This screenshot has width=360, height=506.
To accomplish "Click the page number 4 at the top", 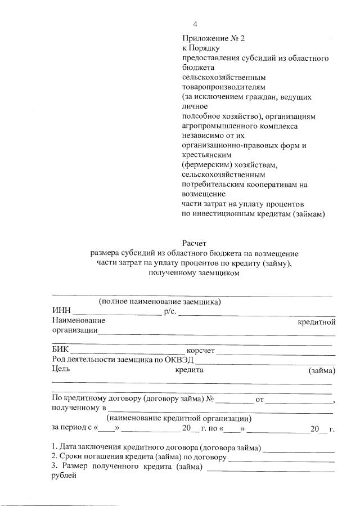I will click(x=195, y=24).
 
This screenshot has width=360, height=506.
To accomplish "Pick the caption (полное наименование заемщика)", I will click(x=160, y=302).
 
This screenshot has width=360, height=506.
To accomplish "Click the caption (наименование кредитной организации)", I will click(x=179, y=418).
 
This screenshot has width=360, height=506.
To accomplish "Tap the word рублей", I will click(x=64, y=475).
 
